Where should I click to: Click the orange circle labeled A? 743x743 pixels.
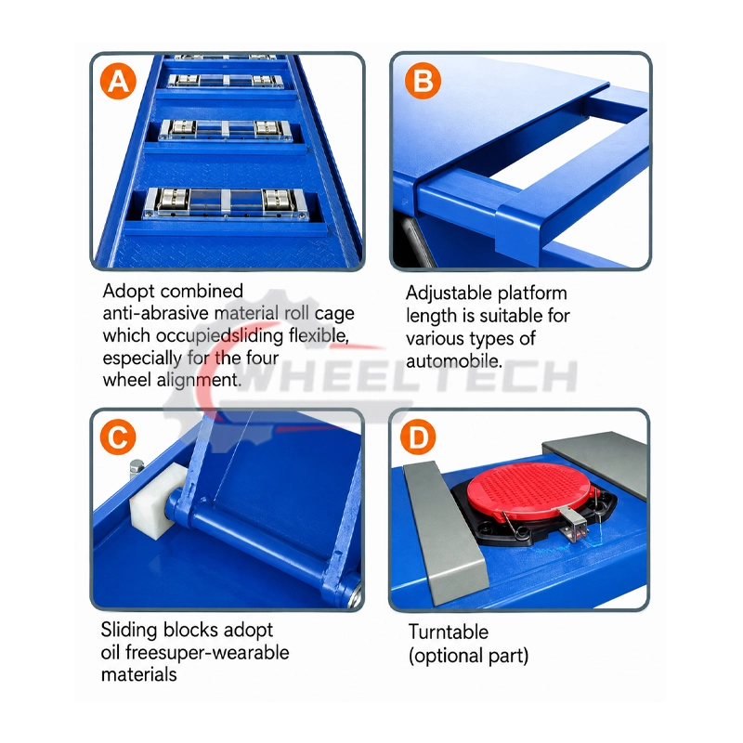(x=118, y=81)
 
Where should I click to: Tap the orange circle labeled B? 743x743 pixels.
(x=423, y=81)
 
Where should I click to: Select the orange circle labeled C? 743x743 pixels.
(x=118, y=437)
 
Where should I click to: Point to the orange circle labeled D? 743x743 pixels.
(x=417, y=437)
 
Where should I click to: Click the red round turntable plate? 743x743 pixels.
(x=529, y=489)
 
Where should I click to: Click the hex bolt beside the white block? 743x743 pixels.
(x=137, y=470)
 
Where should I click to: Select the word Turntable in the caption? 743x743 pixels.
(x=449, y=632)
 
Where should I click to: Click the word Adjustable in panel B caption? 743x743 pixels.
(x=449, y=293)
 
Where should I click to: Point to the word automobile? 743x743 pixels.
(x=453, y=361)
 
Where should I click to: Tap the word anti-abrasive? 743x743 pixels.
(x=155, y=313)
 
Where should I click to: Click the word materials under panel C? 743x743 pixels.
(x=138, y=674)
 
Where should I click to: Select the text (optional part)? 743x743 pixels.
(x=468, y=656)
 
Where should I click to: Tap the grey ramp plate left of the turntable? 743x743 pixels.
(x=445, y=532)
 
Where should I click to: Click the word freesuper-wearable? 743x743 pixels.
(x=207, y=653)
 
